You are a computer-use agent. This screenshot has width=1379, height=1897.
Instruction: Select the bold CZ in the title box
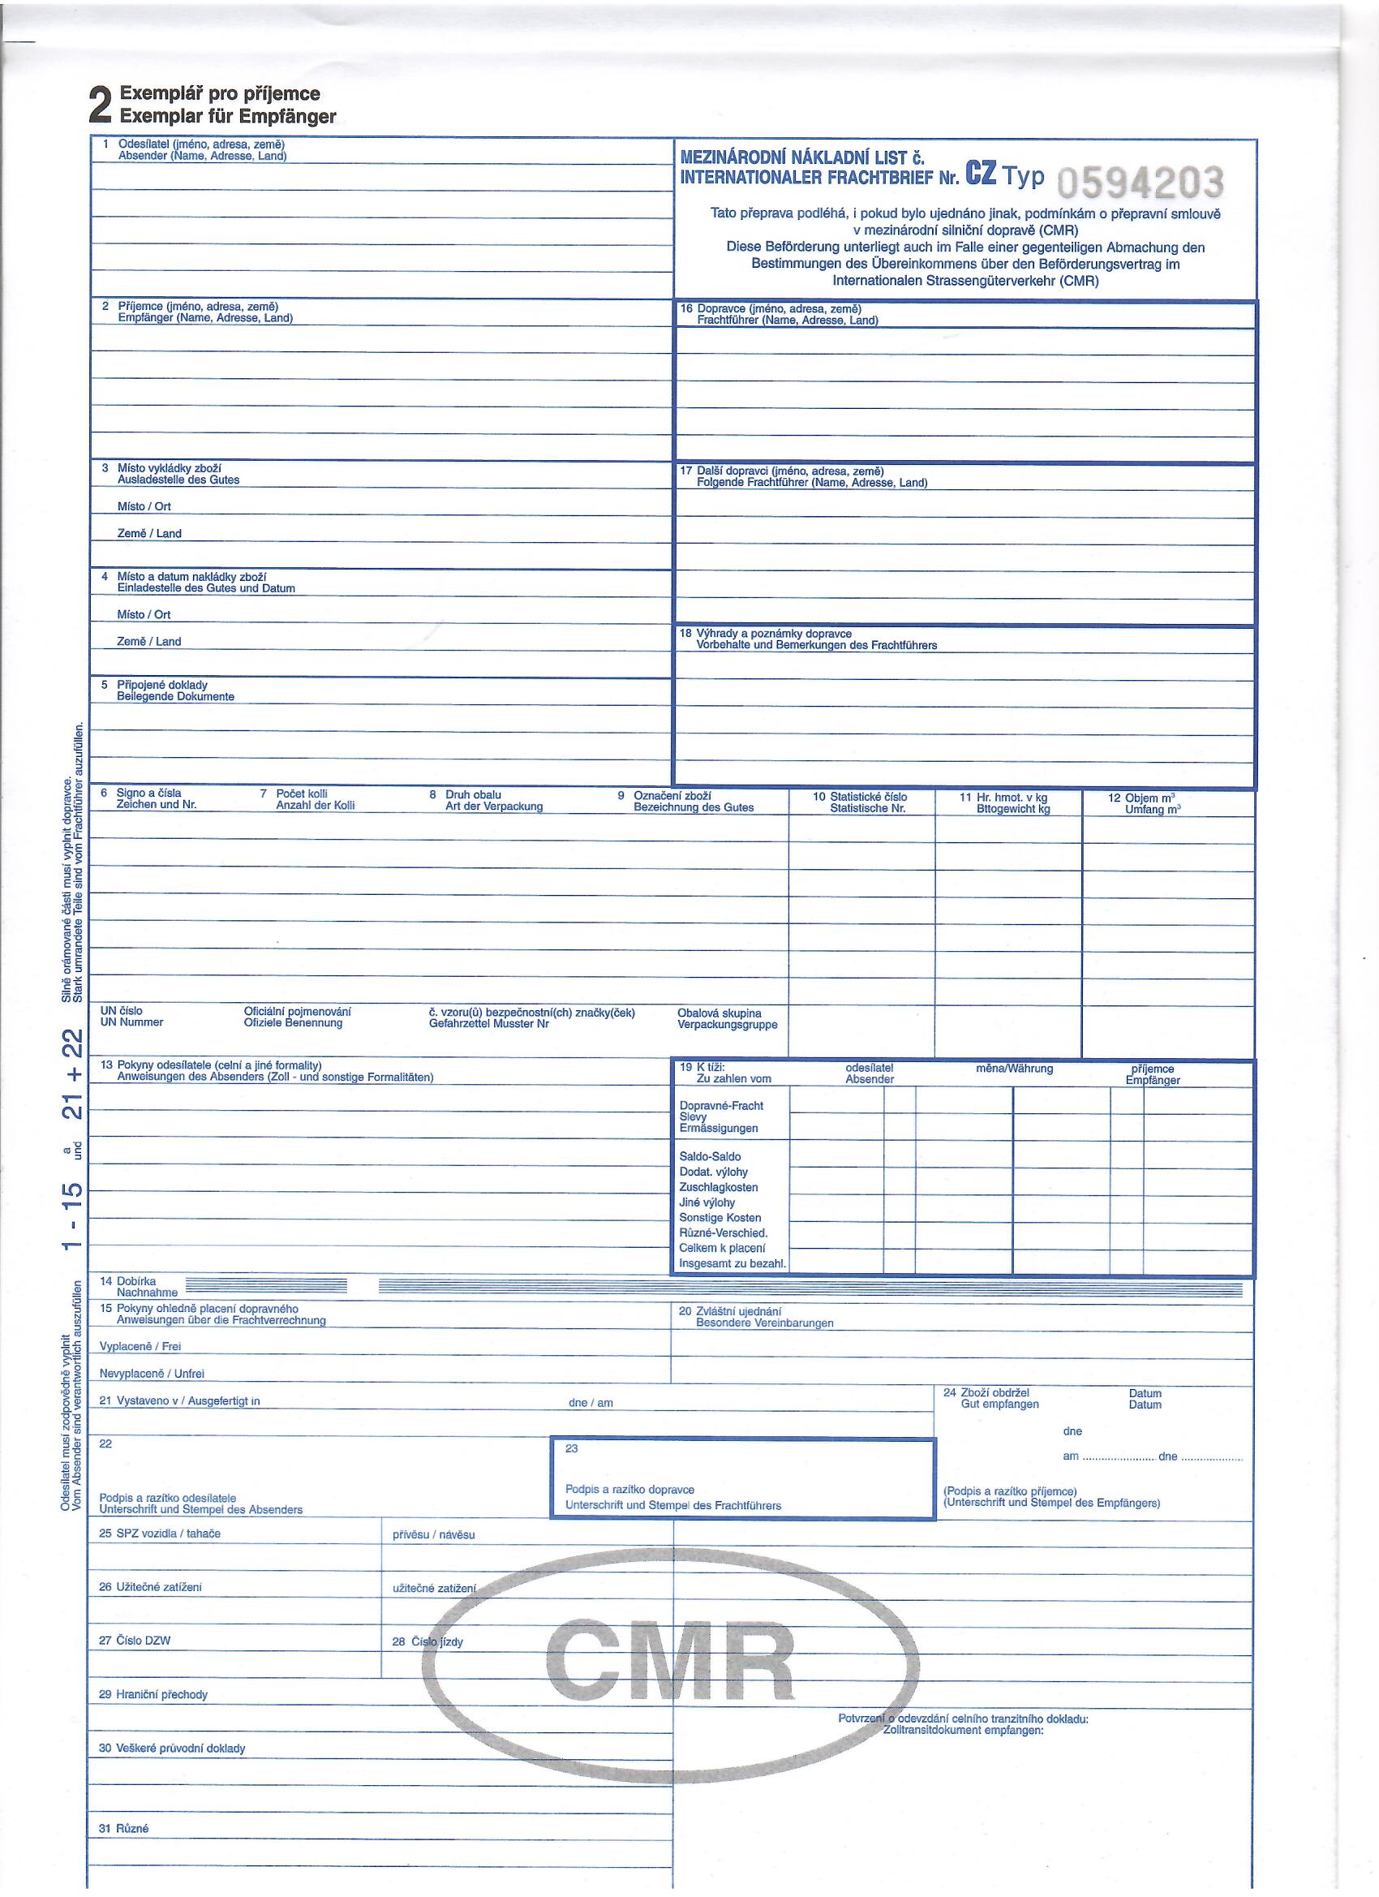click(x=981, y=173)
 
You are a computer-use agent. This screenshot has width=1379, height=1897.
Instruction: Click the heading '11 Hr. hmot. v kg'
click(x=1003, y=797)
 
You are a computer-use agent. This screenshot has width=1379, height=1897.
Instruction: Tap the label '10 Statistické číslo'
click(x=860, y=797)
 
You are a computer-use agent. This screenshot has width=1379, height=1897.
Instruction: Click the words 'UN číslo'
click(x=121, y=1010)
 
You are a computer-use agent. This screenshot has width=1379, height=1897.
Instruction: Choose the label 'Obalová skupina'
click(x=720, y=1013)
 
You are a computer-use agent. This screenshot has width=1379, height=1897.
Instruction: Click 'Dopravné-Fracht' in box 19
click(x=721, y=1106)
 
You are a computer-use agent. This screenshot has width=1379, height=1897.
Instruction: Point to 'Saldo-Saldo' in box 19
click(x=710, y=1157)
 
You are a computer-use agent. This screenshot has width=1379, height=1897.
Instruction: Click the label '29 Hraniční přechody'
click(x=153, y=1695)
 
